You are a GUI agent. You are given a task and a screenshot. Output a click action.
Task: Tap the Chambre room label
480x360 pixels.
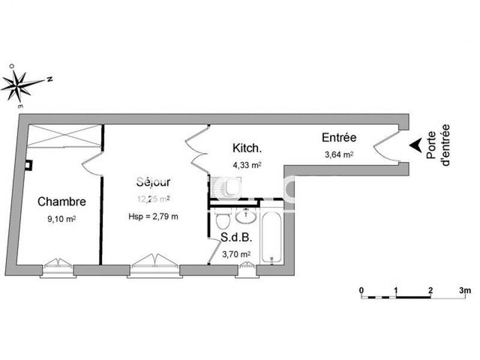[x=62, y=202]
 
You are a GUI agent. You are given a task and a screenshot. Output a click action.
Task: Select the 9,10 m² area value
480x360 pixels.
[x=62, y=220]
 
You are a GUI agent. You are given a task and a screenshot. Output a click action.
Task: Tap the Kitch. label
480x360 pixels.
[x=246, y=148]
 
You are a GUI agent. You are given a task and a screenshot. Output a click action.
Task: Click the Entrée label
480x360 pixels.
[x=339, y=138]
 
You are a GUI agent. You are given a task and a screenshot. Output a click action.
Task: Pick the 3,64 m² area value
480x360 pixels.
[x=339, y=154]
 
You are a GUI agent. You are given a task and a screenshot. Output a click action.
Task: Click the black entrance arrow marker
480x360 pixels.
[x=415, y=145]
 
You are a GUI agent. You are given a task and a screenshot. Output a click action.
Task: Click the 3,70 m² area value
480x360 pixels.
[x=236, y=254]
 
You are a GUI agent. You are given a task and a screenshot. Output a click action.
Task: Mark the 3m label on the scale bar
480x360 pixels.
[x=464, y=290]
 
